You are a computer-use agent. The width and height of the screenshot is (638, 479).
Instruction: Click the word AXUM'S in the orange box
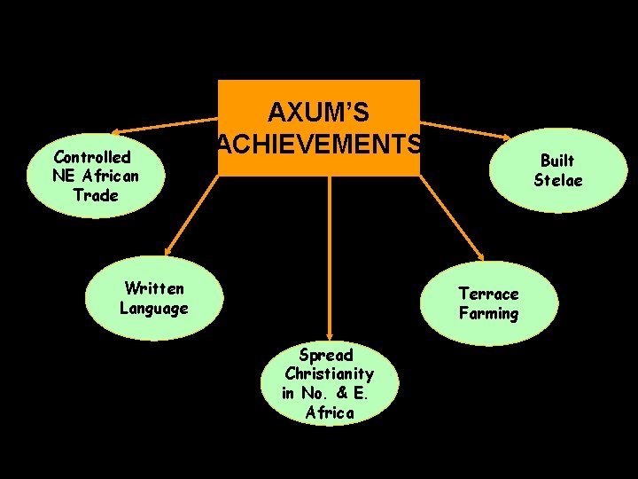[319, 113]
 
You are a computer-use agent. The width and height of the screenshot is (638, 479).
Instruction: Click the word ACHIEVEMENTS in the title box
[319, 144]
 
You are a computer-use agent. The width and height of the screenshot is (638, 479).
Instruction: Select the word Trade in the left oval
[96, 194]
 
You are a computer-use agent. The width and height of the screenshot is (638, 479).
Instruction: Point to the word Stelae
[558, 179]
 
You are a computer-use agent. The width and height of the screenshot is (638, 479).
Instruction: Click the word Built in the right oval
[557, 160]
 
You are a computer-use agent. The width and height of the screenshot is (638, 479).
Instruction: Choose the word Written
[155, 288]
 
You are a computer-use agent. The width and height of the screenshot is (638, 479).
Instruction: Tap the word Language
[154, 308]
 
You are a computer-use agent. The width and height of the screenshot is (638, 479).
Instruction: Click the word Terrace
[488, 294]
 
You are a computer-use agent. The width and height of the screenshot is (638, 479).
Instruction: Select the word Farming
[488, 313]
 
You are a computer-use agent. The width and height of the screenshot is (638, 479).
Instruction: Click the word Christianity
[329, 374]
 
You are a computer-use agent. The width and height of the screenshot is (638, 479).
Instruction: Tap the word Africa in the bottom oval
[330, 413]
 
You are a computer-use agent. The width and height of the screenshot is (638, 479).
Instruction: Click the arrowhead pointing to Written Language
[167, 252]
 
